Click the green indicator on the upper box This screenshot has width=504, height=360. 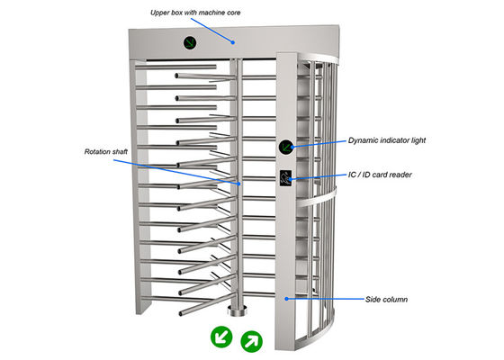tap(192, 41)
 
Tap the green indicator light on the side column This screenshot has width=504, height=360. tap(286, 146)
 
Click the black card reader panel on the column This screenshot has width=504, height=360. tap(286, 176)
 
